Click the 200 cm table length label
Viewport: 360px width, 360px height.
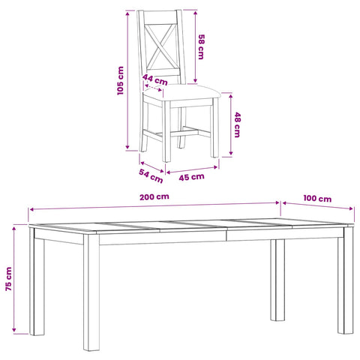point(154,196)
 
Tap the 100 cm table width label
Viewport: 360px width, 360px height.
point(317,199)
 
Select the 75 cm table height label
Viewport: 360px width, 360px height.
point(9,279)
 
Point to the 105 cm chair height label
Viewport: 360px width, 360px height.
point(121,80)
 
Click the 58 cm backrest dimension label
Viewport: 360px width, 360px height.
point(201,46)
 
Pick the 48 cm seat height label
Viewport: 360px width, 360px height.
point(237,124)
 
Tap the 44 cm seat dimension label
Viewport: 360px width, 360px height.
point(155,79)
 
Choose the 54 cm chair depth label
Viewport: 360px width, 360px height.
point(151,175)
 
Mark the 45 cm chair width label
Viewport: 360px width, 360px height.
point(191,177)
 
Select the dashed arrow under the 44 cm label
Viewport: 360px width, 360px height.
point(153,88)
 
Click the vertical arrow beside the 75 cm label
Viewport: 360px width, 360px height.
point(14,279)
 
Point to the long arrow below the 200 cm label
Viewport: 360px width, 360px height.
point(154,206)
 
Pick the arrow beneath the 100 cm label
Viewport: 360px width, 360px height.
point(318,205)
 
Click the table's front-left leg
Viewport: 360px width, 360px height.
point(91,292)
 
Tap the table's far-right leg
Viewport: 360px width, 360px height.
point(346,283)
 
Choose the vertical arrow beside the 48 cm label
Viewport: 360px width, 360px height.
point(231,124)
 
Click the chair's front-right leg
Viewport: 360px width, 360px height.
point(215,127)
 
